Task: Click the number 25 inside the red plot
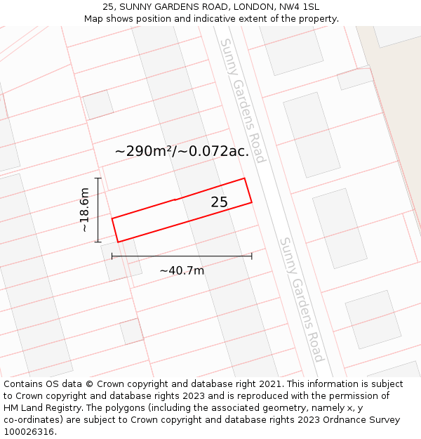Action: pyautogui.click(x=219, y=202)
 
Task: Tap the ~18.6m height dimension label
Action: pyautogui.click(x=84, y=210)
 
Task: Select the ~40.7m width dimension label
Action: pyautogui.click(x=182, y=270)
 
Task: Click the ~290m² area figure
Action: pyautogui.click(x=145, y=151)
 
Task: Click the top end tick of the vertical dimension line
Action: pyautogui.click(x=98, y=178)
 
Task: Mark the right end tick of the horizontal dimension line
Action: pyautogui.click(x=251, y=256)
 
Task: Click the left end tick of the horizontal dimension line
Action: pyautogui.click(x=112, y=256)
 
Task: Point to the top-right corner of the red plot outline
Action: pyautogui.click(x=244, y=178)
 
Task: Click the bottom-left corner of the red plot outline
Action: pyautogui.click(x=118, y=242)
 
